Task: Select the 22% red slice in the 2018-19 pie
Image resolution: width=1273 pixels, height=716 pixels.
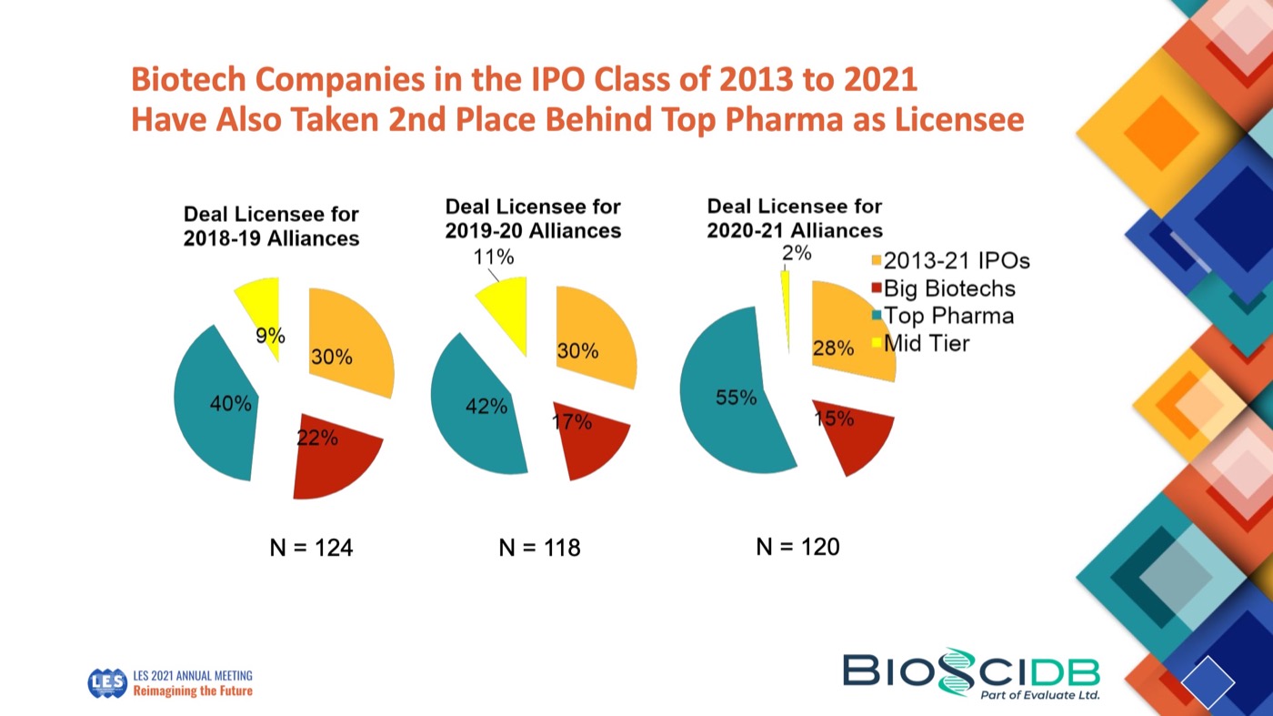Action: tap(332, 460)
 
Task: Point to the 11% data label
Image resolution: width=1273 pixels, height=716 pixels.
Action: tap(494, 257)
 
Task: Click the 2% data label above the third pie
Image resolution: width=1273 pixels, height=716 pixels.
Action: tap(797, 253)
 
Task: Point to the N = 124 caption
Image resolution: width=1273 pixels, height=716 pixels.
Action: tap(311, 548)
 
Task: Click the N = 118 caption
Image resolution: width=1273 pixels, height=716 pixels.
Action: tap(539, 548)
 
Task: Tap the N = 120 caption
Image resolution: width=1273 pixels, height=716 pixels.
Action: tap(797, 547)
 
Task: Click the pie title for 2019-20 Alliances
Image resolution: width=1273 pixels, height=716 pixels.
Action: tap(533, 219)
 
